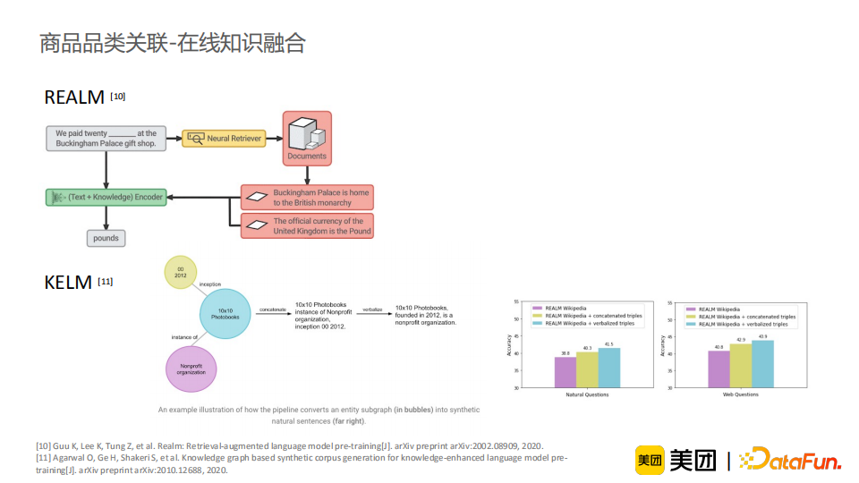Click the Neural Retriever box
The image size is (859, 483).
pyautogui.click(x=223, y=139)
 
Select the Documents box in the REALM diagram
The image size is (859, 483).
pyautogui.click(x=307, y=139)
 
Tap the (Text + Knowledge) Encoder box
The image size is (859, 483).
pyautogui.click(x=106, y=197)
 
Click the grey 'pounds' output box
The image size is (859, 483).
pyautogui.click(x=106, y=239)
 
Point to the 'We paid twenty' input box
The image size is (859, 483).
pyautogui.click(x=106, y=139)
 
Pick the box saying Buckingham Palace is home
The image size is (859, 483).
pyautogui.click(x=307, y=197)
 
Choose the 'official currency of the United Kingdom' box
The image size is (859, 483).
pyautogui.click(x=307, y=225)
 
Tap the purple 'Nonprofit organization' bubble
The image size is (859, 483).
pyautogui.click(x=191, y=370)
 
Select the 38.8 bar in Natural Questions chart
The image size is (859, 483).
pyautogui.click(x=565, y=372)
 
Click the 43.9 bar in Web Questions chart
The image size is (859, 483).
pyautogui.click(x=762, y=364)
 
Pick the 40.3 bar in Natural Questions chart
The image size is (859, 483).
pyautogui.click(x=587, y=369)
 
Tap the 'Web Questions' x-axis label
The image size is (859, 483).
pyautogui.click(x=740, y=394)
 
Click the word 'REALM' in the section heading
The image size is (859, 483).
pyautogui.click(x=74, y=97)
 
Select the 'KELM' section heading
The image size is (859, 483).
pyautogui.click(x=68, y=283)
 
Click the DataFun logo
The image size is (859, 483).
pyautogui.click(x=794, y=461)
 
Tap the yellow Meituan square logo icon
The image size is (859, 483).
pyautogui.click(x=649, y=460)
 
